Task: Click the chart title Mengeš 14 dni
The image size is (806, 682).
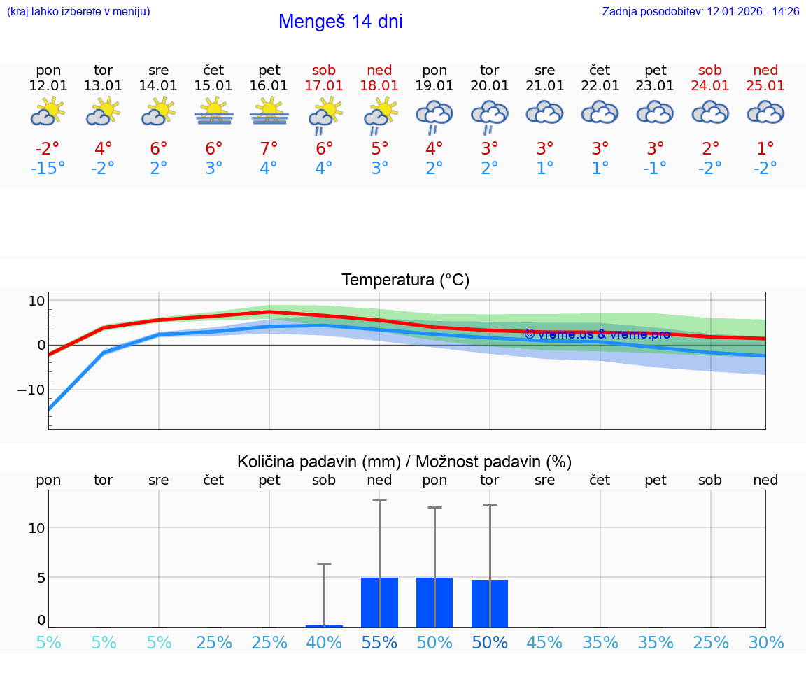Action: click(x=340, y=22)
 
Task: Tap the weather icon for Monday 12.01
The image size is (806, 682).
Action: click(x=48, y=112)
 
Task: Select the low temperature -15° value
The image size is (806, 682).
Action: click(x=48, y=169)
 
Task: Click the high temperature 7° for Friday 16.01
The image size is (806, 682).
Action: click(x=269, y=149)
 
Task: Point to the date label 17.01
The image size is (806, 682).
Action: click(x=324, y=85)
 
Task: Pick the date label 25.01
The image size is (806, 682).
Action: click(x=765, y=85)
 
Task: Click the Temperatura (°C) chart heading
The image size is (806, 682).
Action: click(x=405, y=280)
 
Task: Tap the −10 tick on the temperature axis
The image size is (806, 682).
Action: click(x=31, y=390)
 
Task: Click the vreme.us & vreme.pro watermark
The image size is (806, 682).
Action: click(x=597, y=334)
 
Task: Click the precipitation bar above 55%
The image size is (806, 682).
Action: click(x=379, y=602)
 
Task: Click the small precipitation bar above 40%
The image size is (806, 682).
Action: click(x=324, y=626)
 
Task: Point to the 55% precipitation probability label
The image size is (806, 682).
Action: click(x=379, y=642)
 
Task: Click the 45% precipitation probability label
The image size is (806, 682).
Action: click(x=545, y=642)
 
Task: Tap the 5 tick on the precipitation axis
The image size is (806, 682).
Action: click(x=41, y=578)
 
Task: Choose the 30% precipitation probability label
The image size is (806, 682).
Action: click(x=765, y=642)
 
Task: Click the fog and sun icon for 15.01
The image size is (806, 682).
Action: click(x=214, y=112)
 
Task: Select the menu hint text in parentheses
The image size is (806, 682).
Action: click(x=78, y=11)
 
